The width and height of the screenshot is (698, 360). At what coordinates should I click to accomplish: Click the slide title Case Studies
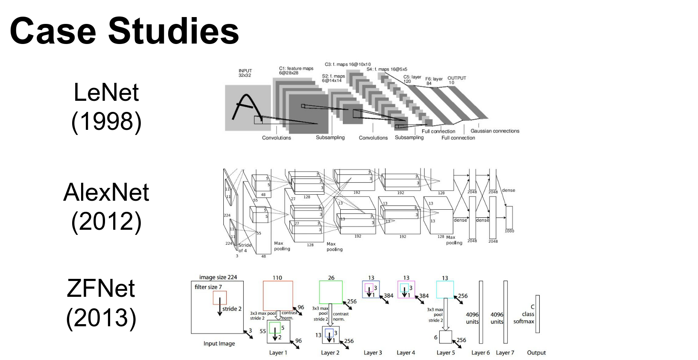tap(124, 31)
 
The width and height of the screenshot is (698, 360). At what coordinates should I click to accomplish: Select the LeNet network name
tap(106, 92)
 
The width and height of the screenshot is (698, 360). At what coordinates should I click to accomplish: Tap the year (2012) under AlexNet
tap(106, 221)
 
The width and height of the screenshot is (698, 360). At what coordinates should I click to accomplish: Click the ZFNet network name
tap(101, 288)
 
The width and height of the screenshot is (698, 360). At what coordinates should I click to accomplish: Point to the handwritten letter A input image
tap(248, 107)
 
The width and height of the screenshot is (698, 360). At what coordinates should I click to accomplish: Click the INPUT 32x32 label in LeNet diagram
tap(245, 73)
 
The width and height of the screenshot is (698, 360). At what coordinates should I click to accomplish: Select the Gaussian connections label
tap(495, 131)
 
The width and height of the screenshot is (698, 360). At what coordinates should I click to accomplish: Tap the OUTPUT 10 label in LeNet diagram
tap(456, 80)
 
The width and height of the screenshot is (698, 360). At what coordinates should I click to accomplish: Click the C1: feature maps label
tap(296, 70)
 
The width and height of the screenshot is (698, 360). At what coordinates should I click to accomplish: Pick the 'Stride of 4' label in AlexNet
tap(244, 248)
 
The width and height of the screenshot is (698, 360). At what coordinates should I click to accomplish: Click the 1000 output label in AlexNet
tap(509, 231)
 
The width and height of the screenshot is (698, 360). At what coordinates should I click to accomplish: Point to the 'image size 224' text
tap(218, 277)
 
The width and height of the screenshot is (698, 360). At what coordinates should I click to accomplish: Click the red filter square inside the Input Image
tap(220, 298)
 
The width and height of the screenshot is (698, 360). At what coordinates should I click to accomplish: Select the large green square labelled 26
tap(331, 292)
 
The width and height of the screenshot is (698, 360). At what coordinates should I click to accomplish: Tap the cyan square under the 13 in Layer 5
tap(445, 290)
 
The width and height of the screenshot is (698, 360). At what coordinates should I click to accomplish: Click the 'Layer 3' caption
tap(373, 353)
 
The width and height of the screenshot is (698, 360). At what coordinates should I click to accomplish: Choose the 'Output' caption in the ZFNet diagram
tap(536, 353)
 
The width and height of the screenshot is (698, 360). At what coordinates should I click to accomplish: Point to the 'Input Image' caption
tap(219, 343)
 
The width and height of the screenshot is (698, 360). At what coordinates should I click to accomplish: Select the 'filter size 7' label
tap(208, 287)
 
